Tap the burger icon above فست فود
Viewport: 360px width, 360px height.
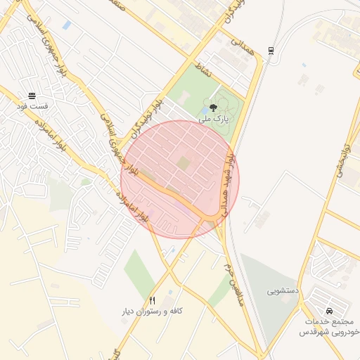[x=32, y=96]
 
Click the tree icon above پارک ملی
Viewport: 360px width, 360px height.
[x=213, y=108]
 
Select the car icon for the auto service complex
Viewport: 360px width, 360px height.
[x=329, y=311]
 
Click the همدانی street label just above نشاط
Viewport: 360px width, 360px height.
[x=238, y=46]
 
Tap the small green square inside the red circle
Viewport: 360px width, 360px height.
[x=183, y=163]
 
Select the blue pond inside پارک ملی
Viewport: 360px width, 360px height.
[x=204, y=110]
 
